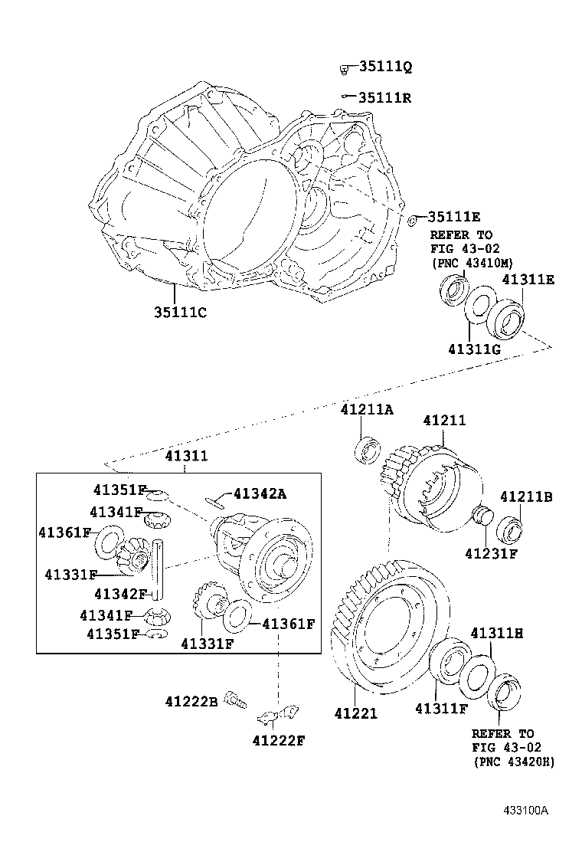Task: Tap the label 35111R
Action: tap(385, 97)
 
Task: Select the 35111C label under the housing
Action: tap(179, 313)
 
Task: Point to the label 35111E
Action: tap(453, 218)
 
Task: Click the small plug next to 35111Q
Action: tap(345, 70)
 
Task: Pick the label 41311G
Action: tap(474, 349)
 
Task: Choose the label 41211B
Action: tap(526, 497)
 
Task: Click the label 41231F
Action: tap(491, 552)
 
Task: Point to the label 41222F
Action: tap(278, 739)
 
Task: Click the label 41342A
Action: tap(260, 494)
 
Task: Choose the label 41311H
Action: tap(496, 633)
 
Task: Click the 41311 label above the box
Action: tap(186, 456)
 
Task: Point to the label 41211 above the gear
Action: tap(444, 421)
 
